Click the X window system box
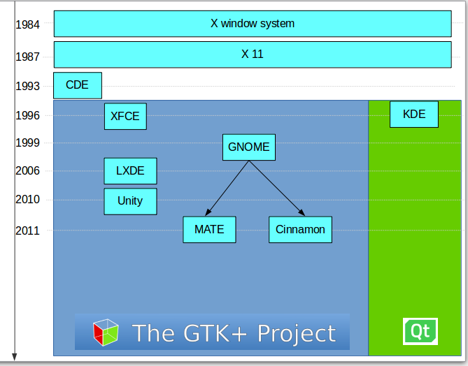pos(253,24)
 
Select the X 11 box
pos(253,54)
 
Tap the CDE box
pos(78,85)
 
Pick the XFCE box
pos(126,116)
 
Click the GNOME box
pos(248,147)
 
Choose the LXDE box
pos(130,171)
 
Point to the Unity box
pos(130,201)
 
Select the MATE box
pos(209,230)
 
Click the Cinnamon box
pos(300,230)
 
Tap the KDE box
pos(414,115)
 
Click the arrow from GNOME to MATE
pos(228,188)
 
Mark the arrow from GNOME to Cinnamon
pos(276,188)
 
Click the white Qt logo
pos(420,331)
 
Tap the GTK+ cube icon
pos(106,332)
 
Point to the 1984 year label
pos(28,24)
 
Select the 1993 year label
pos(28,87)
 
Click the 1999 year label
pos(28,142)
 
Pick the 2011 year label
pos(28,230)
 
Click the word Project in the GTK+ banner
pos(297,333)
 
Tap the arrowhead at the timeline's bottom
pos(14,357)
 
